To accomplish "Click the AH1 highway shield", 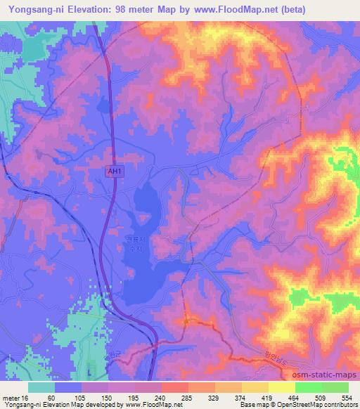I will click(x=115, y=171).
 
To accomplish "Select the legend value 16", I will click(x=27, y=397).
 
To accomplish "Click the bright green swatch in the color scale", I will click(x=309, y=387).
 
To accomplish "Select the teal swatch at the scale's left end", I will click(x=41, y=387).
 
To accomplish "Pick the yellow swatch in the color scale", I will click(x=282, y=387).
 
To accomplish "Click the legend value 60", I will click(x=56, y=397).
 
